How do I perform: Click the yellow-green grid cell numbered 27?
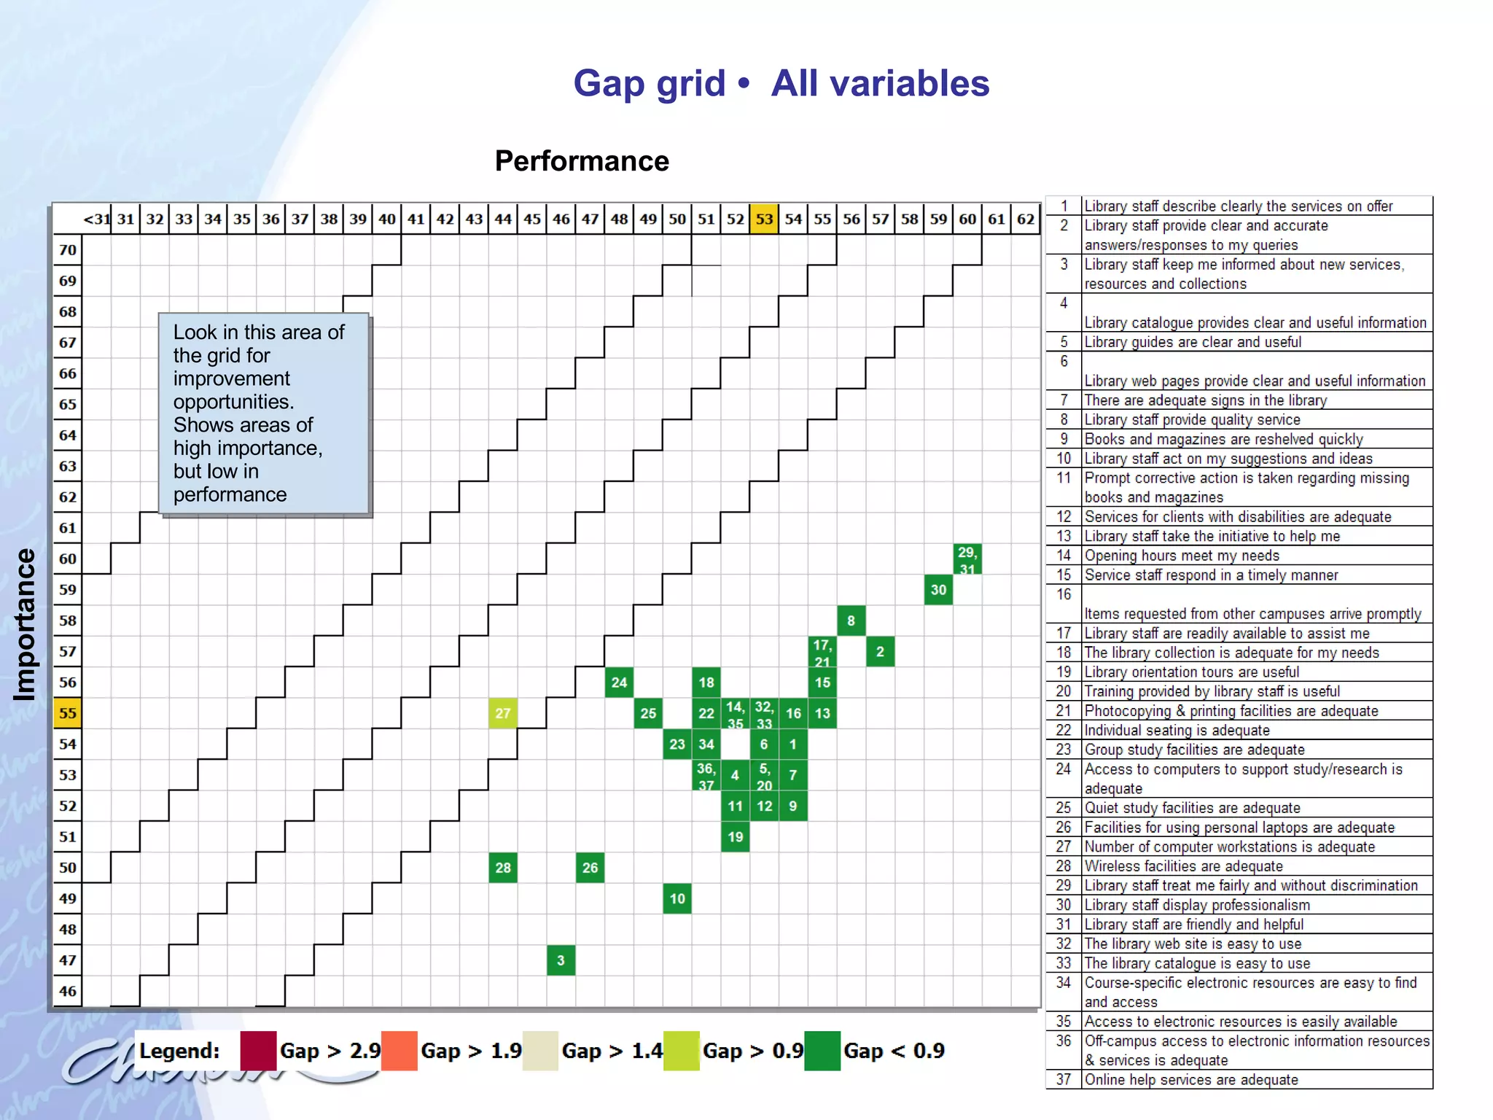pyautogui.click(x=503, y=713)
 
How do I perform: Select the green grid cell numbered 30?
pyautogui.click(x=938, y=590)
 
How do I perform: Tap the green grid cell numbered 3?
pyautogui.click(x=561, y=960)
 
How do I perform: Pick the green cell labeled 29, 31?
pyautogui.click(x=967, y=559)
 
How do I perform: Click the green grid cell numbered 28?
pyautogui.click(x=503, y=868)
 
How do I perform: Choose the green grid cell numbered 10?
pyautogui.click(x=677, y=898)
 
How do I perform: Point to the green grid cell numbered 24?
pyautogui.click(x=619, y=682)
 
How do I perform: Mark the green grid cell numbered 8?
pyautogui.click(x=851, y=621)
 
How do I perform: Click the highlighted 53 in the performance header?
pyautogui.click(x=764, y=219)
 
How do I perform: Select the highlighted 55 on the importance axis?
pyautogui.click(x=68, y=713)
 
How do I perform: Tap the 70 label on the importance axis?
pyautogui.click(x=68, y=250)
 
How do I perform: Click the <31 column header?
pyautogui.click(x=96, y=219)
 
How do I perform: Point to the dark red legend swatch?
pyautogui.click(x=258, y=1051)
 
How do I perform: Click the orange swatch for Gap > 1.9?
pyautogui.click(x=399, y=1051)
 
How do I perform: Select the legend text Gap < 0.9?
pyautogui.click(x=894, y=1051)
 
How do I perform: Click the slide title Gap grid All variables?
pyautogui.click(x=781, y=83)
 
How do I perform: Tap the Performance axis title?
pyautogui.click(x=582, y=161)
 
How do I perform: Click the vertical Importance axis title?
pyautogui.click(x=25, y=625)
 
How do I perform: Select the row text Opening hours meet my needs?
pyautogui.click(x=1181, y=556)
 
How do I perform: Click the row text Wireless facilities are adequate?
pyautogui.click(x=1183, y=866)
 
